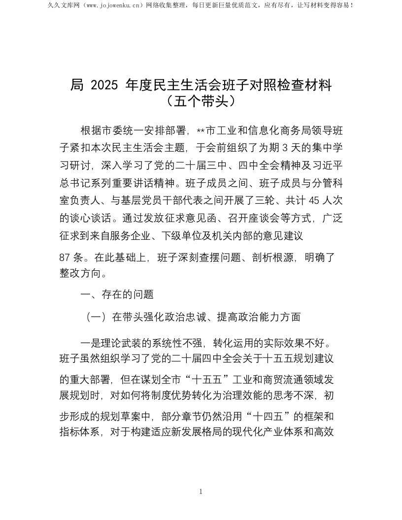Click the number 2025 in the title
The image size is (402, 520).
pos(104,85)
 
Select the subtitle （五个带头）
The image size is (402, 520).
pos(201,101)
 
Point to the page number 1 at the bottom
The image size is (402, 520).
pos(201,491)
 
